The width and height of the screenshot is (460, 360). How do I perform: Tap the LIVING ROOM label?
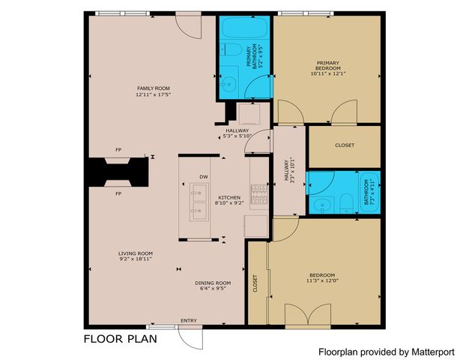[x=136, y=253]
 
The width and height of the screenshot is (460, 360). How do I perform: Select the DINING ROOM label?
[x=213, y=283]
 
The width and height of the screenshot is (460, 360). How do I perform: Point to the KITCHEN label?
[x=208, y=197]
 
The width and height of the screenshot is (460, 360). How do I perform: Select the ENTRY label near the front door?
[x=189, y=321]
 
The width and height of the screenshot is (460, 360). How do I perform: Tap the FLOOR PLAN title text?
[x=120, y=339]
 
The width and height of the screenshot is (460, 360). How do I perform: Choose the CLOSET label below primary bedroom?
[x=345, y=145]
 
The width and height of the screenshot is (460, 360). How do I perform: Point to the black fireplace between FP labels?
[x=117, y=172]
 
